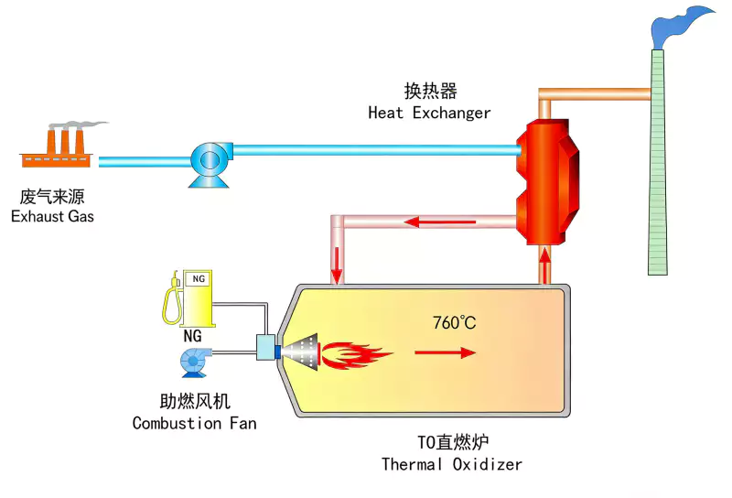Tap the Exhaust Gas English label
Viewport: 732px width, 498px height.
click(x=52, y=217)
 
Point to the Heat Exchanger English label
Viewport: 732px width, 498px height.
click(x=429, y=114)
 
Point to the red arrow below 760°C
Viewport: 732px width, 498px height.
click(x=447, y=352)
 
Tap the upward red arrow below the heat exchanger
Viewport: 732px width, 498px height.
click(x=546, y=266)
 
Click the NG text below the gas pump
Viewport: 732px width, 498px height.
click(x=192, y=336)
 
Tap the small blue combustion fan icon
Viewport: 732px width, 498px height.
click(x=194, y=363)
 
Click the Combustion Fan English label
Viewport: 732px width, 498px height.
click(x=194, y=424)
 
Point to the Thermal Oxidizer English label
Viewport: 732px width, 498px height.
click(x=452, y=464)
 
